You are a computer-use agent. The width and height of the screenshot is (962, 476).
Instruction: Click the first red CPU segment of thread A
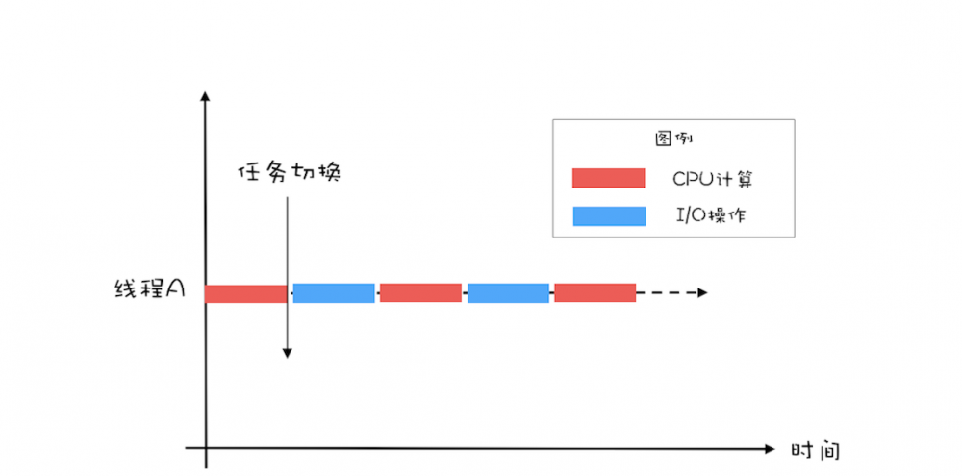[x=245, y=293]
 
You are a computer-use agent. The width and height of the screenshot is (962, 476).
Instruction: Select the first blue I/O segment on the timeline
[x=334, y=293]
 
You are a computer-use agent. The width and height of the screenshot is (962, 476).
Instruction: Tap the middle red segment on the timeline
[x=420, y=293]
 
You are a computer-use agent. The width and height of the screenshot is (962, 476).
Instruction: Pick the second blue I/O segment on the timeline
[x=508, y=293]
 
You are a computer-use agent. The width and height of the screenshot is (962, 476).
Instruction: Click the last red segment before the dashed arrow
[x=595, y=293]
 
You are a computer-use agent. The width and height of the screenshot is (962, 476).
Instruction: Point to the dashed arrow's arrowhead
[x=704, y=292]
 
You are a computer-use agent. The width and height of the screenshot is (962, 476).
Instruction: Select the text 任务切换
[x=290, y=173]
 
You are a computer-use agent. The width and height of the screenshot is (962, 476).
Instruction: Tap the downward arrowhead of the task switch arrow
[x=287, y=353]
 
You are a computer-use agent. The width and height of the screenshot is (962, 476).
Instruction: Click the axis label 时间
[x=815, y=450]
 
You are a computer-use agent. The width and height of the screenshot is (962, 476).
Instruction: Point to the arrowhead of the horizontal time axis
[x=769, y=448]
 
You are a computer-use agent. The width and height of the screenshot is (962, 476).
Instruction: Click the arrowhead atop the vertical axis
[x=205, y=97]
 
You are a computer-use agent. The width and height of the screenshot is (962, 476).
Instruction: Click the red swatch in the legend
[x=608, y=178]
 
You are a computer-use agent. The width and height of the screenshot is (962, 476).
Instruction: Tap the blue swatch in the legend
[x=608, y=216]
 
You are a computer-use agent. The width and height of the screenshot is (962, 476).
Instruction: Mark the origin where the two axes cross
[x=205, y=448]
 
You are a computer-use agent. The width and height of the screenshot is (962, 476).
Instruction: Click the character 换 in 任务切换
[x=329, y=173]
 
